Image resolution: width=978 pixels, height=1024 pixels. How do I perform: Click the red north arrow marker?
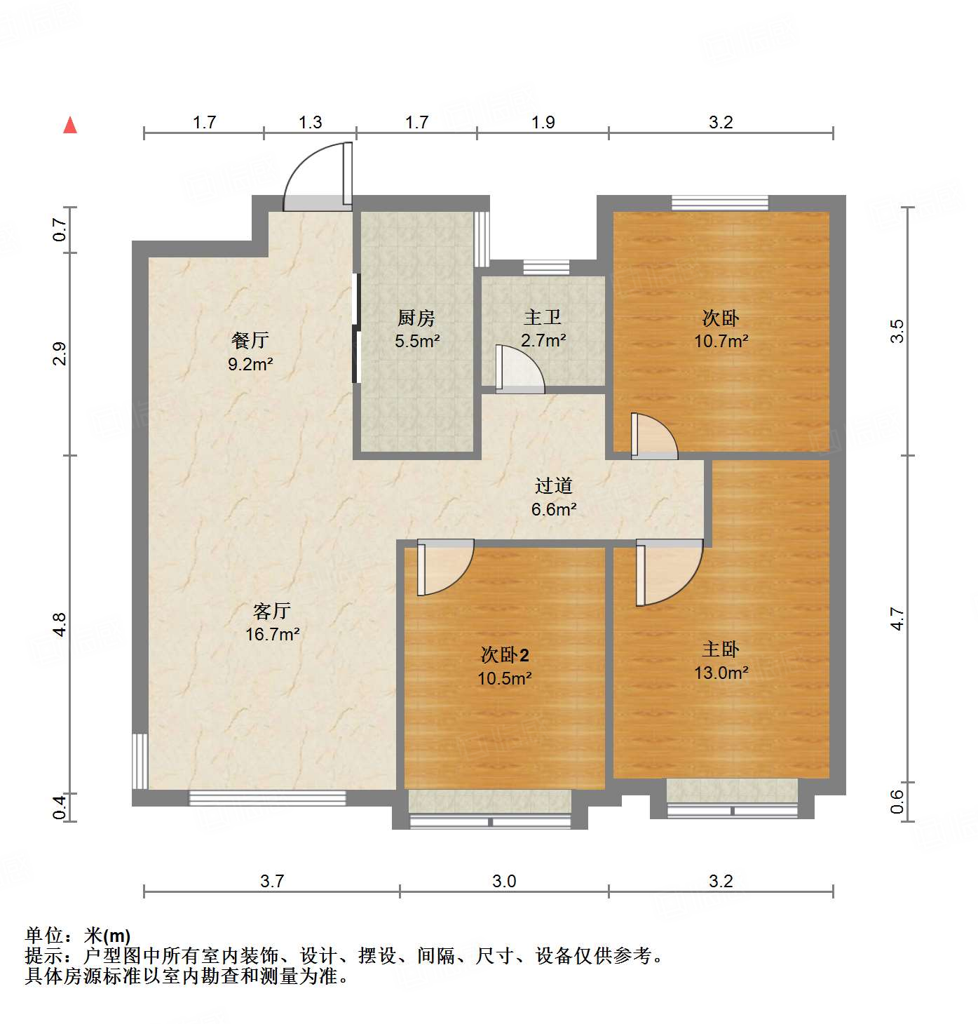(70, 126)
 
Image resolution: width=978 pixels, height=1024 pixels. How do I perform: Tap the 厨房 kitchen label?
(416, 318)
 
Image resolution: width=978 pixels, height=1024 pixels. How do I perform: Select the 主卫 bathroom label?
(543, 317)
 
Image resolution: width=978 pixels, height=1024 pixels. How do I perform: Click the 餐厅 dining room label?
(250, 341)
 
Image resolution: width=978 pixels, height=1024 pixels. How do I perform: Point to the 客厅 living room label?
(272, 611)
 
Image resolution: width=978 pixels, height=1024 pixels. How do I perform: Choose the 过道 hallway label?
(554, 485)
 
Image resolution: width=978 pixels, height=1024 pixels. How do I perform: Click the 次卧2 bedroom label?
(505, 655)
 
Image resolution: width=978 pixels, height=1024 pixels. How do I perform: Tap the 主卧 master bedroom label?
(721, 649)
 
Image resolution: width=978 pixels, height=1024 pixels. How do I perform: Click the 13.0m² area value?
(721, 673)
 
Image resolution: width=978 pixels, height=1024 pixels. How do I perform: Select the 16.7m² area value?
(272, 635)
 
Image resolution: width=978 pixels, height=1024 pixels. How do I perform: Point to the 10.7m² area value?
(721, 342)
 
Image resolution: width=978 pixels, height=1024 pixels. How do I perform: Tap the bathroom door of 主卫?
(519, 369)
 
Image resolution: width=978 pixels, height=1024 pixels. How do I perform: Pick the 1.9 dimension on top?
(543, 123)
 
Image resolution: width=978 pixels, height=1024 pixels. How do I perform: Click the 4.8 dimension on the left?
(60, 624)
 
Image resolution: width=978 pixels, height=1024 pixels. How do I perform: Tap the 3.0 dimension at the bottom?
(504, 881)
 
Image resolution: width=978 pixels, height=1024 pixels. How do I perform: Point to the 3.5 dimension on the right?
(897, 330)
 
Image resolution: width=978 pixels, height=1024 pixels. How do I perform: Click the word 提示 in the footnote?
(43, 955)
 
